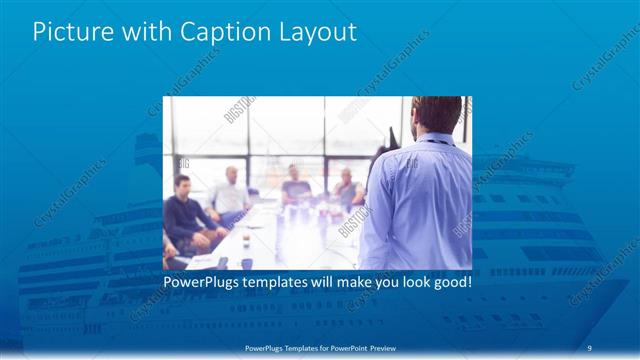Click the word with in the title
[x=144, y=32]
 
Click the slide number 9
[x=590, y=347]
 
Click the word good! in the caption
[x=453, y=283]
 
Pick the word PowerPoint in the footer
[x=346, y=347]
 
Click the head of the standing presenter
[x=437, y=113]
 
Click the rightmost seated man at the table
[x=346, y=187]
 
